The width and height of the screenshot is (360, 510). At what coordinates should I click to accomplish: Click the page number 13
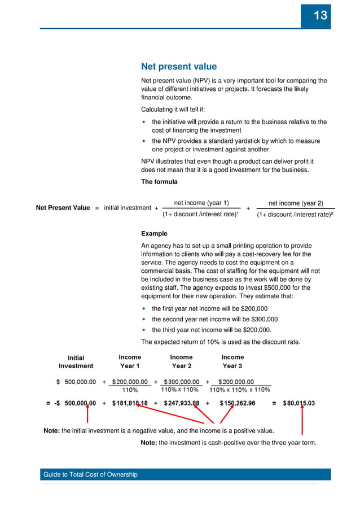tap(320, 15)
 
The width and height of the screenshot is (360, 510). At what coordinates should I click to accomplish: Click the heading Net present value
tap(170, 67)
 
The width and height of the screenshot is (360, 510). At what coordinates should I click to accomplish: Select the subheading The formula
tap(159, 182)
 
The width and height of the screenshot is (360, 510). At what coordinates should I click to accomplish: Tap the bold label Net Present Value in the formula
tap(63, 208)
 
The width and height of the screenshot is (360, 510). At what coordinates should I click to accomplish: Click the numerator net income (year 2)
tap(296, 203)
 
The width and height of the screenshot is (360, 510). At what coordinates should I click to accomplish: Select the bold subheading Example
tap(154, 233)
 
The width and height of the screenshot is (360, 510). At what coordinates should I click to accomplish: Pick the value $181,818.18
tap(130, 403)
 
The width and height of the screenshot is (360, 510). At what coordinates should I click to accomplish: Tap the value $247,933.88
tap(181, 403)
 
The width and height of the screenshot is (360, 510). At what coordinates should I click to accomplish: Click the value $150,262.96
tap(232, 403)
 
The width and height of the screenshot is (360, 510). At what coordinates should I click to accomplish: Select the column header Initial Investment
tap(76, 361)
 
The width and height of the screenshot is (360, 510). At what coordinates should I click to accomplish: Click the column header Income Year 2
tap(181, 361)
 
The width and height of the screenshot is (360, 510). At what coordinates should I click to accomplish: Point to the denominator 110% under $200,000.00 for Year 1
tap(130, 390)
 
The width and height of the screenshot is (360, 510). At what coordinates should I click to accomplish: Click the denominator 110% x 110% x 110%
tap(239, 390)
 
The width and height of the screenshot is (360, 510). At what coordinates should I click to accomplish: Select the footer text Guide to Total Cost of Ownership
tap(91, 474)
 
